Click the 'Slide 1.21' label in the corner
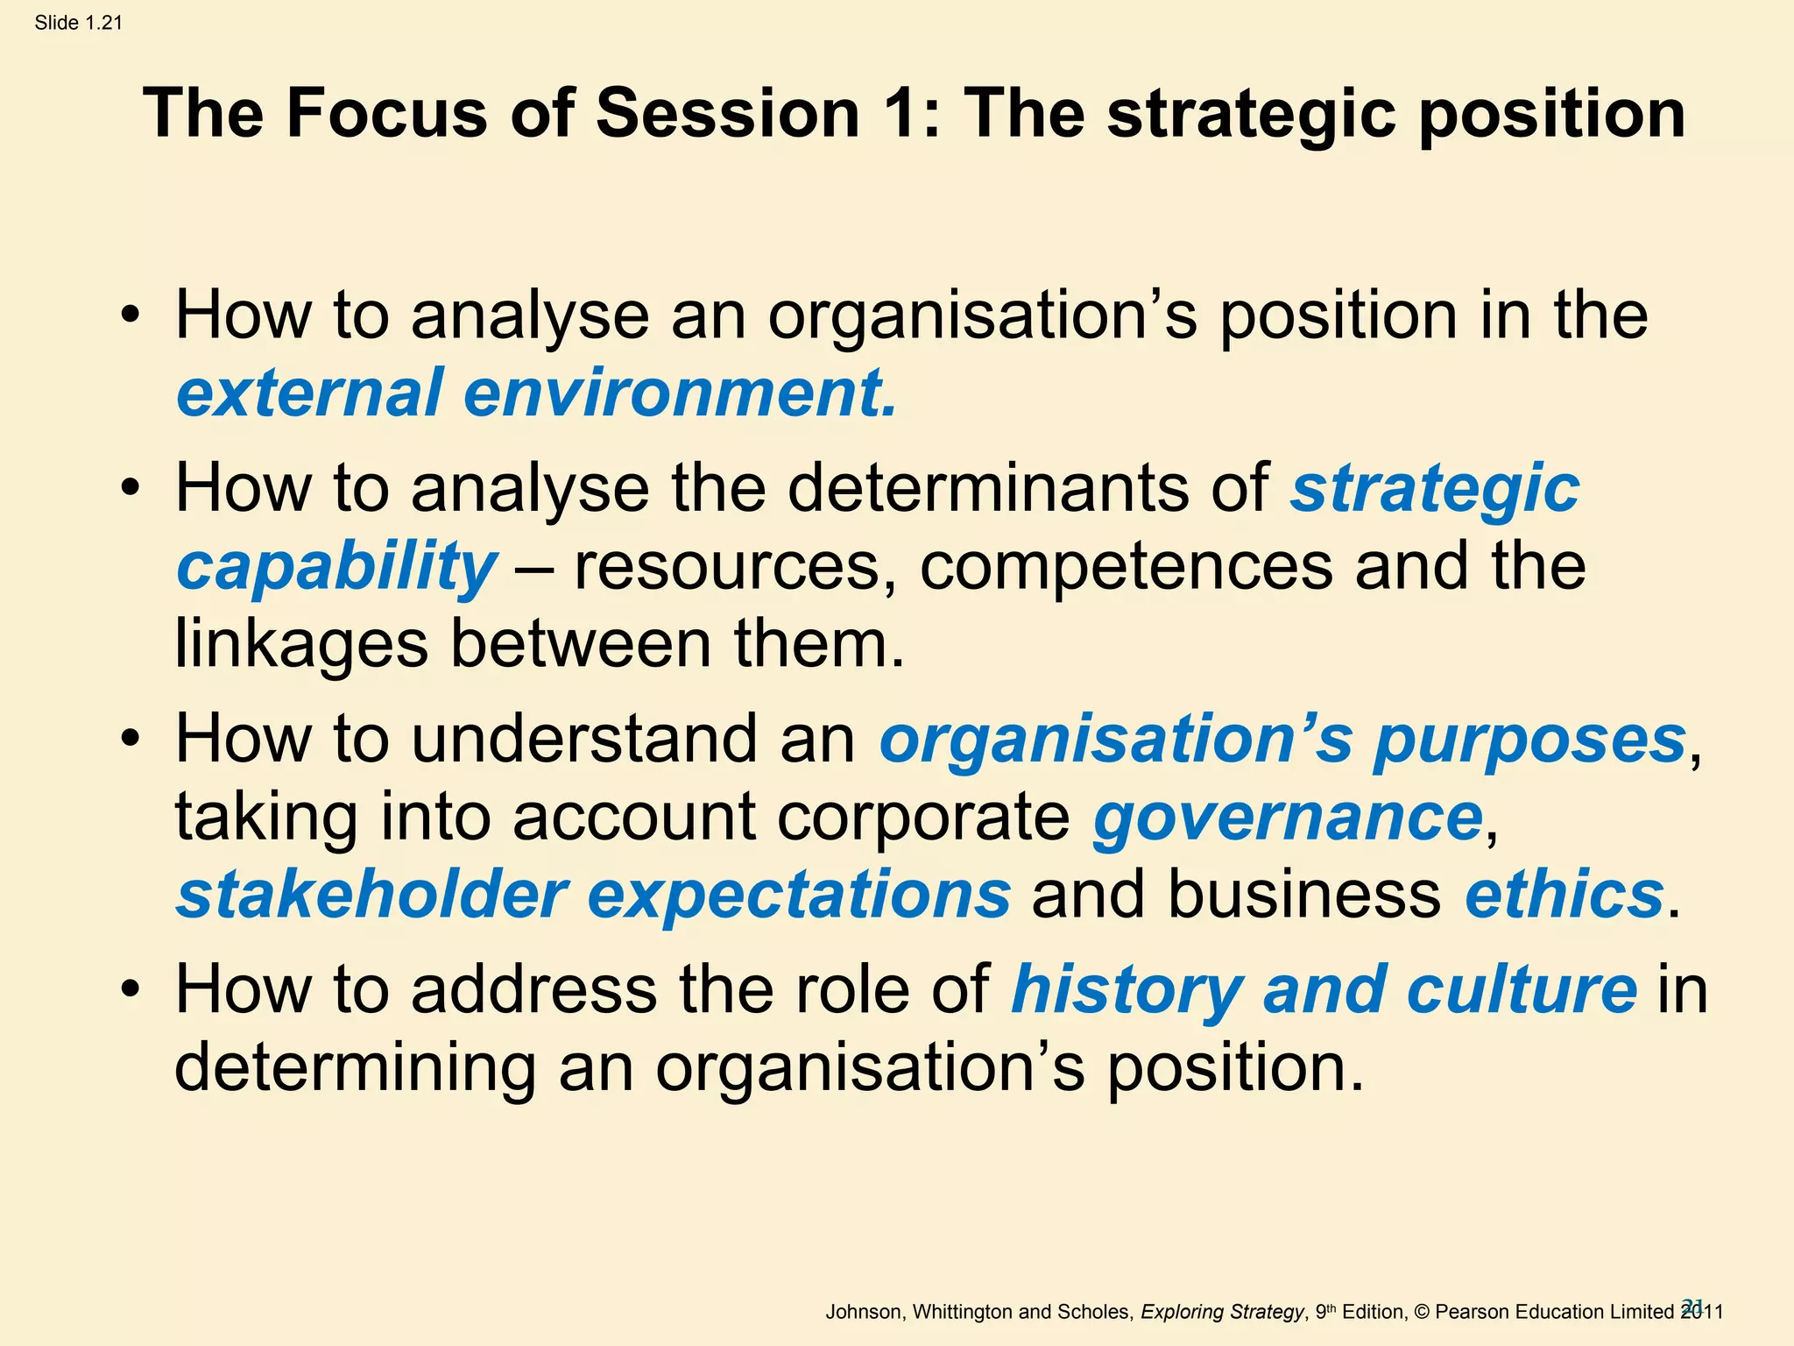[78, 23]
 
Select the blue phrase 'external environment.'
[537, 393]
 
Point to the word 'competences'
[1126, 567]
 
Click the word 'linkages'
[301, 644]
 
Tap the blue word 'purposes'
[1529, 740]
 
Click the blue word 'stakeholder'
[372, 895]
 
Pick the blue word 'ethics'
[1564, 895]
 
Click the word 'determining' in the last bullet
[355, 1067]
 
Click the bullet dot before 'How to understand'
[131, 740]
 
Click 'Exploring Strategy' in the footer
[1222, 1312]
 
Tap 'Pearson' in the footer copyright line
[1473, 1312]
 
